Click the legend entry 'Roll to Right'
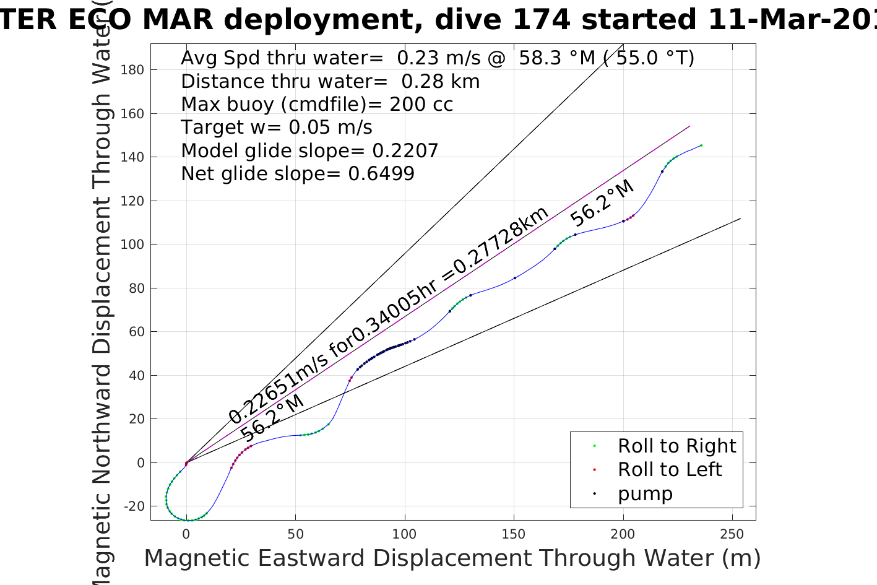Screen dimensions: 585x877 tap(676, 446)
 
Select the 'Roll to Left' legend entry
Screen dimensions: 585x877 tap(669, 470)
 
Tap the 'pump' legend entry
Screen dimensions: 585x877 tap(644, 494)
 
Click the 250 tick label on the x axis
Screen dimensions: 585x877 tap(732, 534)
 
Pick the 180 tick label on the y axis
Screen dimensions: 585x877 tap(132, 70)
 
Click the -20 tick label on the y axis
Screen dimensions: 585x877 tap(134, 506)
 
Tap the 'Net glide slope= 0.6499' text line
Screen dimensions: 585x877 tap(298, 174)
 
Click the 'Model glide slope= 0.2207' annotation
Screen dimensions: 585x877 tap(309, 151)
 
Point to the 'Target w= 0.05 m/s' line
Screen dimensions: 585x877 tap(277, 128)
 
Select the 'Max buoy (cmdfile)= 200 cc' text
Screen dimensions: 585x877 tap(317, 105)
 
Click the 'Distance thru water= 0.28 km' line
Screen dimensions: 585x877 tap(330, 82)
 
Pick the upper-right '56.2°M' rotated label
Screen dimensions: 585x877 tap(602, 203)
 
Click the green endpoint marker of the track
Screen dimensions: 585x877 tap(701, 145)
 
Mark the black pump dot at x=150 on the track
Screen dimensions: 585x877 tap(515, 278)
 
